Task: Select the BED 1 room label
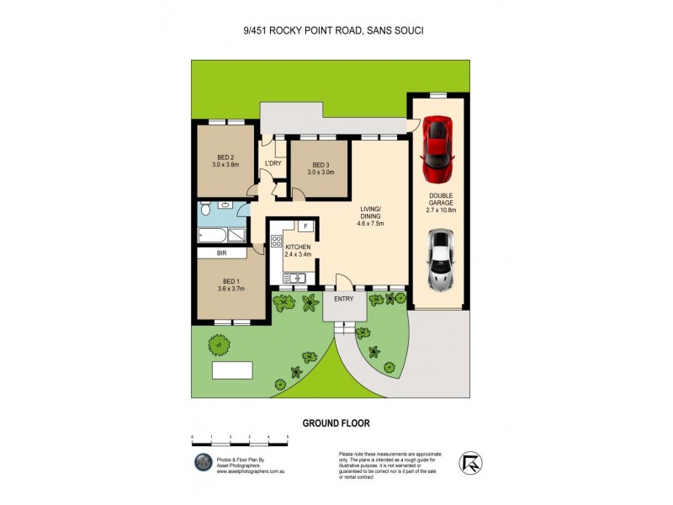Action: [231, 285]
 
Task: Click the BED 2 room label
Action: [225, 161]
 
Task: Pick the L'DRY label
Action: [273, 163]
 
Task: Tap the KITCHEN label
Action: [298, 250]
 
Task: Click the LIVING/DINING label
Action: [371, 217]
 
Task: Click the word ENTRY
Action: [344, 298]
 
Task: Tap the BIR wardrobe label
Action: [221, 252]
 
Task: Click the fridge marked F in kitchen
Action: [305, 226]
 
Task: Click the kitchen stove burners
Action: [276, 242]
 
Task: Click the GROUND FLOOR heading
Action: [336, 423]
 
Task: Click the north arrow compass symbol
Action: [471, 461]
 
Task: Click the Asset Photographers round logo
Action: [202, 462]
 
